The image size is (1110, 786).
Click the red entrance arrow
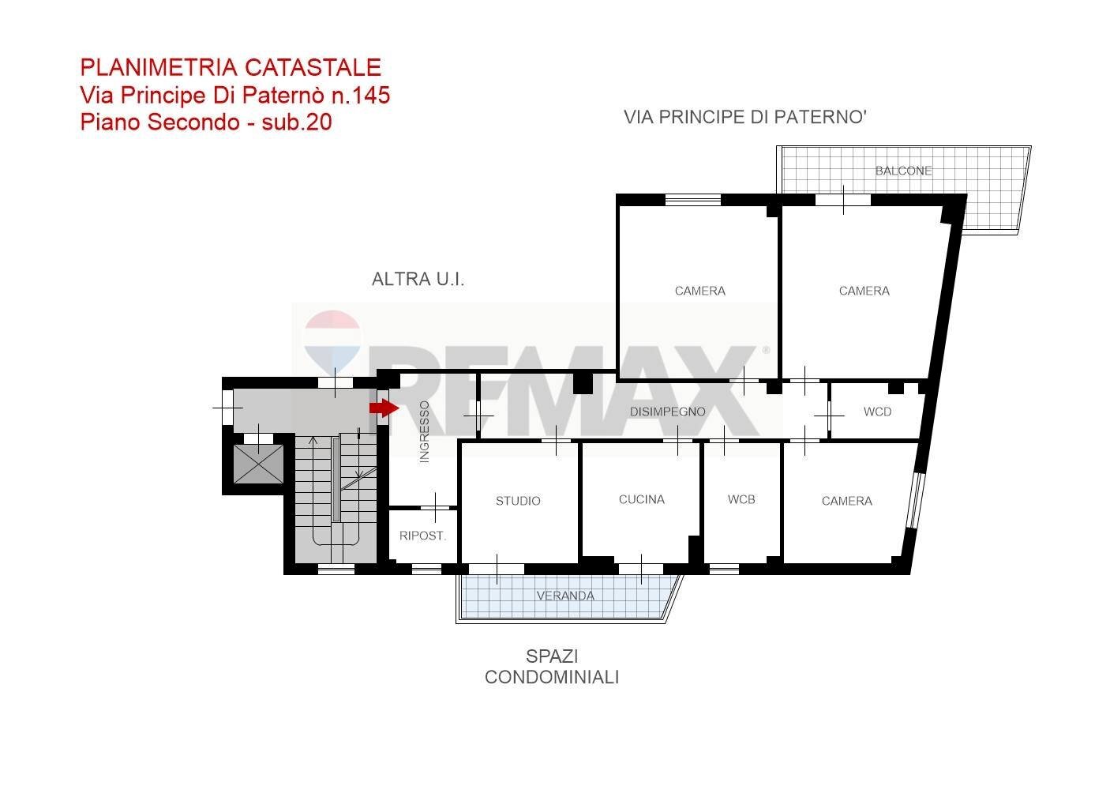(x=384, y=408)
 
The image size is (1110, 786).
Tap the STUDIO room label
(x=518, y=501)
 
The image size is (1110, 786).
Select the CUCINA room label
(x=641, y=499)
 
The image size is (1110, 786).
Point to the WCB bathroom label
(x=741, y=499)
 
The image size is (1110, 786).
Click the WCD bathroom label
(x=877, y=412)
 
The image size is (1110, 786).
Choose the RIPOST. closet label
(x=422, y=536)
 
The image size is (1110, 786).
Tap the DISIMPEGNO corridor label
(x=667, y=412)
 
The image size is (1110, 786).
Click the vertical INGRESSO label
(x=424, y=431)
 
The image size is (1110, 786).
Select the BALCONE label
(x=903, y=171)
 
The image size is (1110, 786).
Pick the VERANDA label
(x=565, y=596)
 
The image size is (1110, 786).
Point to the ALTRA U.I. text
(x=418, y=279)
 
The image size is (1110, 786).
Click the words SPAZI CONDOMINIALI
(x=551, y=667)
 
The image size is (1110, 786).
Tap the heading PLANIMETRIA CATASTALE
(x=231, y=68)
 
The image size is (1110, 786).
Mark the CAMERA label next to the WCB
(x=846, y=501)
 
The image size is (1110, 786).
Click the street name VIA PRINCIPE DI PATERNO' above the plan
(x=745, y=118)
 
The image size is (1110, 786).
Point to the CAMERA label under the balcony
(x=864, y=291)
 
